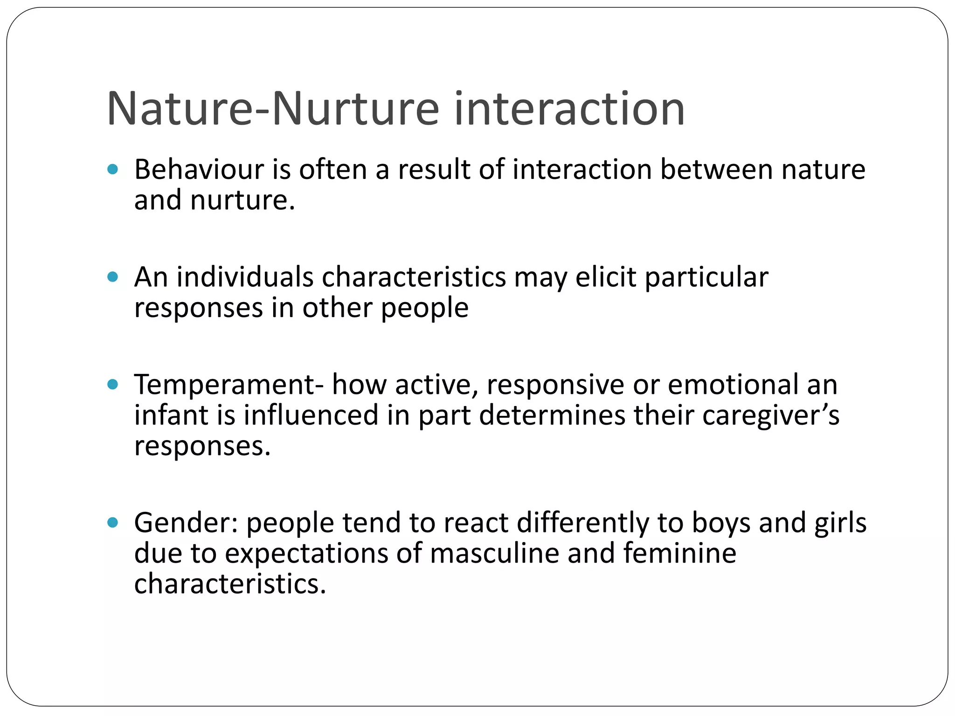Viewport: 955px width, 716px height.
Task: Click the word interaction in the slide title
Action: [x=569, y=109]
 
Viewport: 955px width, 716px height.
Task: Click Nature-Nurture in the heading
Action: [x=273, y=109]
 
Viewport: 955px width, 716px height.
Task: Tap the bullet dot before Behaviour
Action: [x=112, y=169]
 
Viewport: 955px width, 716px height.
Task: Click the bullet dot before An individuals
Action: [x=112, y=277]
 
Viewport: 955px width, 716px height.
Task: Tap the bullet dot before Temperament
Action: [x=112, y=385]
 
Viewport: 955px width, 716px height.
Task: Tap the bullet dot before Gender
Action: [x=112, y=523]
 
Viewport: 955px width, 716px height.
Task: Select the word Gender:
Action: [x=187, y=523]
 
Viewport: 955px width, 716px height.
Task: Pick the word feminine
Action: [x=679, y=553]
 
